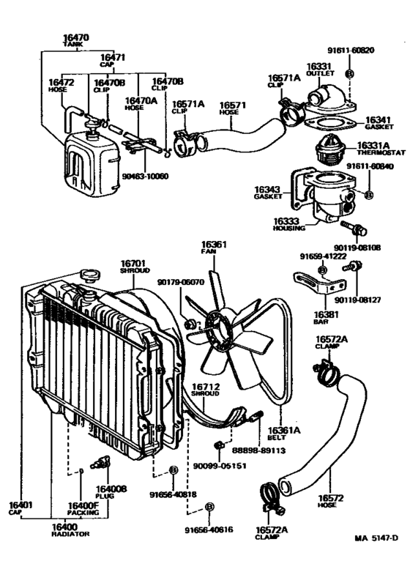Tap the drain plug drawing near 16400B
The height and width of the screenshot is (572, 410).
click(x=99, y=463)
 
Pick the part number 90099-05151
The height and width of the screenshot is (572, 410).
click(x=219, y=462)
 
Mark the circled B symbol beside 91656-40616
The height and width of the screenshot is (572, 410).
click(x=209, y=507)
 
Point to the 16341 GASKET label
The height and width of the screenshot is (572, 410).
click(x=379, y=121)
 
